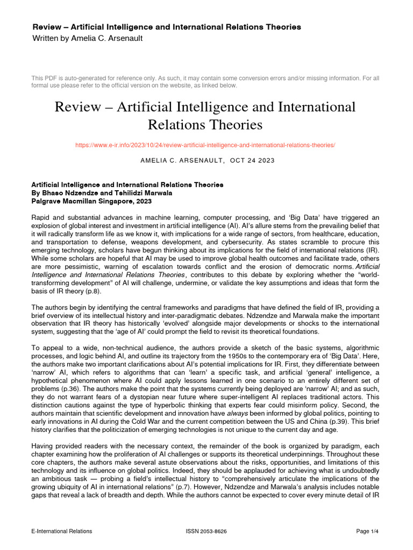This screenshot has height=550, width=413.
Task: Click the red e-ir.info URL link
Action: tap(206, 146)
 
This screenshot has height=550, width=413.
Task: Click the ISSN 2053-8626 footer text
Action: tap(206, 531)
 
